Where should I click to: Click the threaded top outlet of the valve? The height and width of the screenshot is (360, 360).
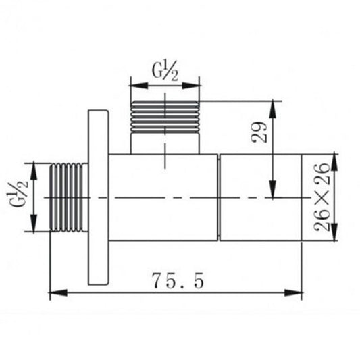(165, 115)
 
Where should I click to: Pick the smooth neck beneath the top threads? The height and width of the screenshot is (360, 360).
(165, 143)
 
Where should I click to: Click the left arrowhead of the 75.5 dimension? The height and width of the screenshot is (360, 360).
(56, 293)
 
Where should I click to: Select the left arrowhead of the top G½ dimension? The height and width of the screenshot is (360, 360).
(134, 85)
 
